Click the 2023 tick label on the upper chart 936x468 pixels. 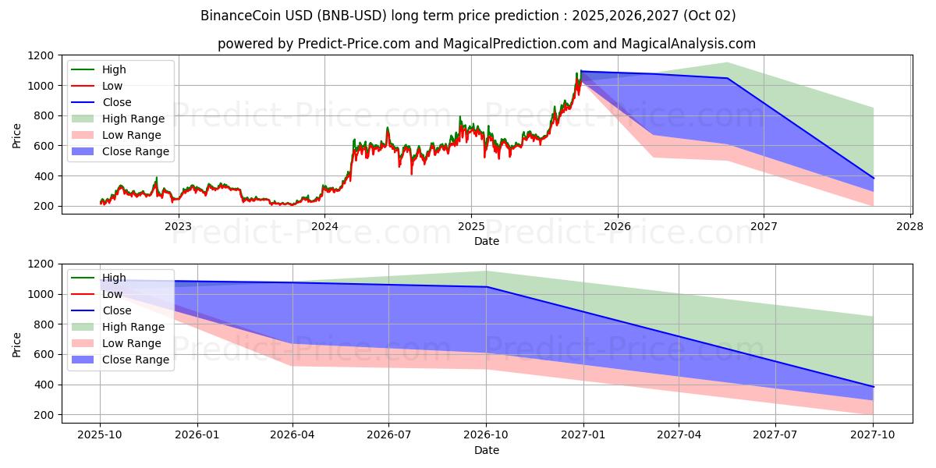tap(178, 226)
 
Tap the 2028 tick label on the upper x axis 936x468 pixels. tap(910, 226)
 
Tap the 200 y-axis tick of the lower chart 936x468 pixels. tap(44, 415)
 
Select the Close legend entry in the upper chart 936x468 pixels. tap(117, 102)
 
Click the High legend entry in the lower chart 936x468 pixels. tap(114, 278)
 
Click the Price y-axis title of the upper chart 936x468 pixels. tap(16, 135)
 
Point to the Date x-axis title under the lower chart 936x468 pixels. tap(487, 450)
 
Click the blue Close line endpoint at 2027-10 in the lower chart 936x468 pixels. tap(873, 387)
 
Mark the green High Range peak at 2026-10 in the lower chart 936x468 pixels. tap(487, 271)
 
